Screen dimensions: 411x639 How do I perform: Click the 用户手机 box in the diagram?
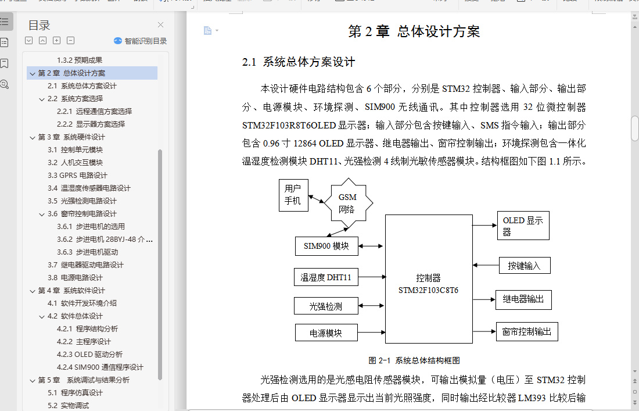coord(293,195)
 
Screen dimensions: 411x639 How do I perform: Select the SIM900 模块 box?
coord(326,246)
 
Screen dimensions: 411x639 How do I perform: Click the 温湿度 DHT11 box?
coord(326,277)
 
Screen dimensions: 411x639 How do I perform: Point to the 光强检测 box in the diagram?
coord(326,306)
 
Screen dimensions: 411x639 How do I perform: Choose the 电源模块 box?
coord(326,333)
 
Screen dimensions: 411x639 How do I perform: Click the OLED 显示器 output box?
coord(523,226)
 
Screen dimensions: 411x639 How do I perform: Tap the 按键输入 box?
coord(525,266)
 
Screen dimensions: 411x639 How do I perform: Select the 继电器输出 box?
coord(523,299)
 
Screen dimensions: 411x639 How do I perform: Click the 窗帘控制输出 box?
coord(527,331)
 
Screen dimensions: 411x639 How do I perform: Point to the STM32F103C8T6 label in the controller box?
coord(428,290)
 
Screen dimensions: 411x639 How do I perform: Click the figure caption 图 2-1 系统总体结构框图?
coord(414,360)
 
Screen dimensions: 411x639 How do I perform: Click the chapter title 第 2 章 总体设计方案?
coord(414,32)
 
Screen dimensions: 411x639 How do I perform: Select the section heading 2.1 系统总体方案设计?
coord(299,62)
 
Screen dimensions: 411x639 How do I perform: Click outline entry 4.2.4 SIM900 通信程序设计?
coord(100,367)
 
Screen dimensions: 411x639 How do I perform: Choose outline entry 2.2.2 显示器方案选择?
coord(91,124)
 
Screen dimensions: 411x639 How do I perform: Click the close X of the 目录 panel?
coord(161,25)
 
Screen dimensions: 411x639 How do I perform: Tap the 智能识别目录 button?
coord(140,41)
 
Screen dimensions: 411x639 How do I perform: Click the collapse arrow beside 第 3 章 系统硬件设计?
coord(33,137)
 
